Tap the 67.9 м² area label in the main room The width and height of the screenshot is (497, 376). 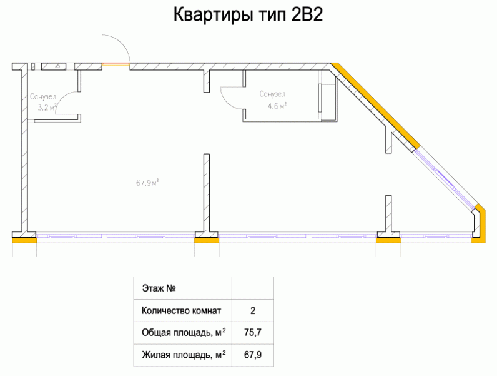point(147,183)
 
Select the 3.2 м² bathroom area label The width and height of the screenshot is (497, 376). point(46,108)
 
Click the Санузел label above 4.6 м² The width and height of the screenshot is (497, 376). point(272,94)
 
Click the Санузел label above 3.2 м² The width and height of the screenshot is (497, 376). point(43,97)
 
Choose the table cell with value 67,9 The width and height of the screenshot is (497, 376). point(252,355)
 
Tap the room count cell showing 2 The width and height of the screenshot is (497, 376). point(252,310)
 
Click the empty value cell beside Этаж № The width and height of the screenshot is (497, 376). point(252,288)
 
